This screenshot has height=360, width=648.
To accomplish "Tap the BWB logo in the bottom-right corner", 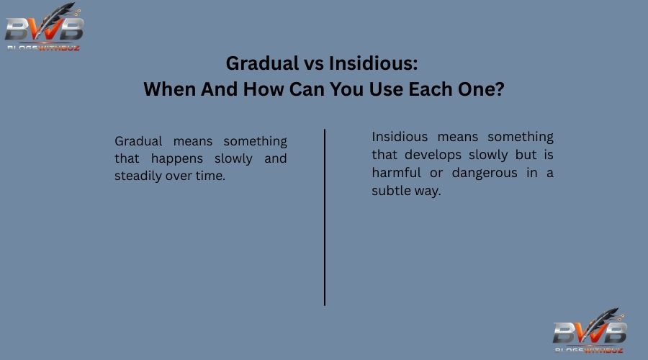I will pyautogui.click(x=590, y=331).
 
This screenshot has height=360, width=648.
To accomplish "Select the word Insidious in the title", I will pyautogui.click(x=373, y=64).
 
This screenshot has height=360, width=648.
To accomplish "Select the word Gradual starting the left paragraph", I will pyautogui.click(x=138, y=141).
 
